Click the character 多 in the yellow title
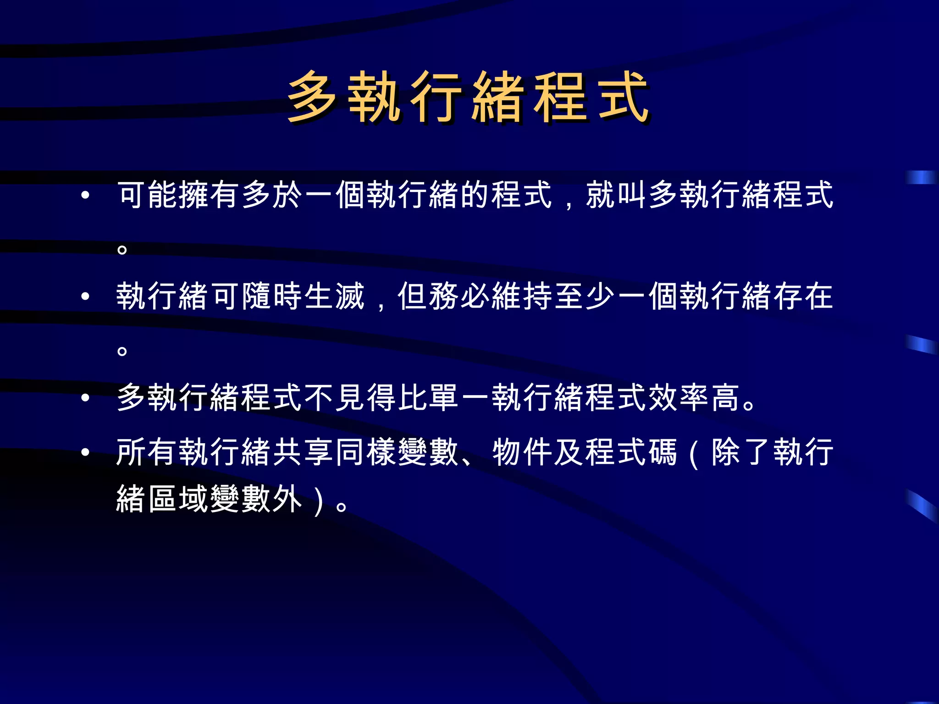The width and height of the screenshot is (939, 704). [x=312, y=98]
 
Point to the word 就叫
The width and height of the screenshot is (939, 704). [x=616, y=195]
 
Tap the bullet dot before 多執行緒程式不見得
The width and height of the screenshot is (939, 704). [x=85, y=397]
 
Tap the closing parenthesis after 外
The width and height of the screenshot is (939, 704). [x=319, y=500]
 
